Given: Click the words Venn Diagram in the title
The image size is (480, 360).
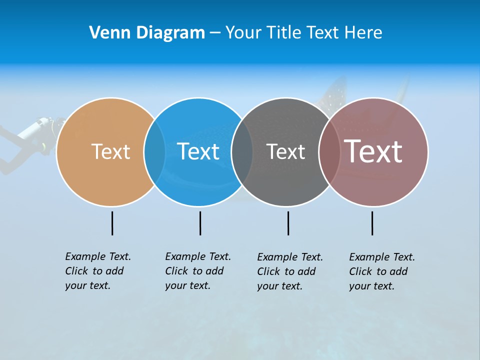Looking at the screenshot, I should tap(147, 33).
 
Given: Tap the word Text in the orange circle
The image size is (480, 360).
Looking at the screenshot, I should tap(110, 151).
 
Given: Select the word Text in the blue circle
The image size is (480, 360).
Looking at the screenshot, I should tap(198, 151).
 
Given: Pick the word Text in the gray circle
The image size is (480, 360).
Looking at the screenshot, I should tap(285, 151).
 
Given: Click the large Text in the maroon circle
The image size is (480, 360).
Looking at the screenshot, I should tap(373, 151).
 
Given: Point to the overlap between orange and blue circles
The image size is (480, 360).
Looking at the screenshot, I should tap(154, 151).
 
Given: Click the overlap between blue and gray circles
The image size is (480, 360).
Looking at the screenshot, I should tap(242, 151).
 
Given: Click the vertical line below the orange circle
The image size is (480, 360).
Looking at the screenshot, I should tap(112, 223).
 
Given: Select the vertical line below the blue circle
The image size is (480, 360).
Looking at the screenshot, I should tap(200, 223).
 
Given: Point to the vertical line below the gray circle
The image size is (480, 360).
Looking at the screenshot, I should tap(288, 223).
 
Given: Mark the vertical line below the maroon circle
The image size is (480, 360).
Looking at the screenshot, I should tap(372, 223).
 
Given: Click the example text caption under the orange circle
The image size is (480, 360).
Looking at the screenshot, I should tap(98, 271).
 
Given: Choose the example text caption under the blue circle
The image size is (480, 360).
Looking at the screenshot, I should tap(198, 271).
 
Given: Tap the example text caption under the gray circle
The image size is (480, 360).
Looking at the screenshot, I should tap(290, 271).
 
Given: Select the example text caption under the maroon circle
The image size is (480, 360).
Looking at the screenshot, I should tap(382, 271).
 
